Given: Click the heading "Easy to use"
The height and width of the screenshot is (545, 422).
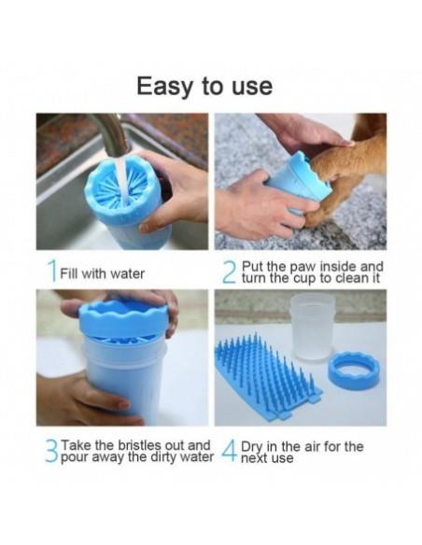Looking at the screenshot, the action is [x=204, y=87].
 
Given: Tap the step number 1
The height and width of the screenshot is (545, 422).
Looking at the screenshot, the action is [x=52, y=272].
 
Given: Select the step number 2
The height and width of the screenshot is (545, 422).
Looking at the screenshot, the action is [x=230, y=273].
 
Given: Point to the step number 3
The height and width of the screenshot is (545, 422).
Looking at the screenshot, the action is [x=51, y=451].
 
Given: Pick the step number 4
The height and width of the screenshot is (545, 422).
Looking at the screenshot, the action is [x=230, y=451].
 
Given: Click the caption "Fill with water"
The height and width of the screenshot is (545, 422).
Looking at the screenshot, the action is [x=102, y=273].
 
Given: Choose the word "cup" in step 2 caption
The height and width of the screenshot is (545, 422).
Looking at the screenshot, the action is [x=305, y=279].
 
